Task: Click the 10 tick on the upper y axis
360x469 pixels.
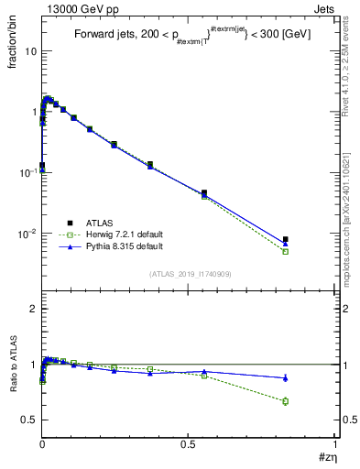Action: click(30, 51)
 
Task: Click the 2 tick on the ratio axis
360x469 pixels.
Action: click(33, 310)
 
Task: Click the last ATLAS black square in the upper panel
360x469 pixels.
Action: click(286, 240)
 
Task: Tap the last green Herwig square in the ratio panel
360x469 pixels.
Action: click(286, 401)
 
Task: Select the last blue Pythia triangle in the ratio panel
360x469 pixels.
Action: click(286, 377)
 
